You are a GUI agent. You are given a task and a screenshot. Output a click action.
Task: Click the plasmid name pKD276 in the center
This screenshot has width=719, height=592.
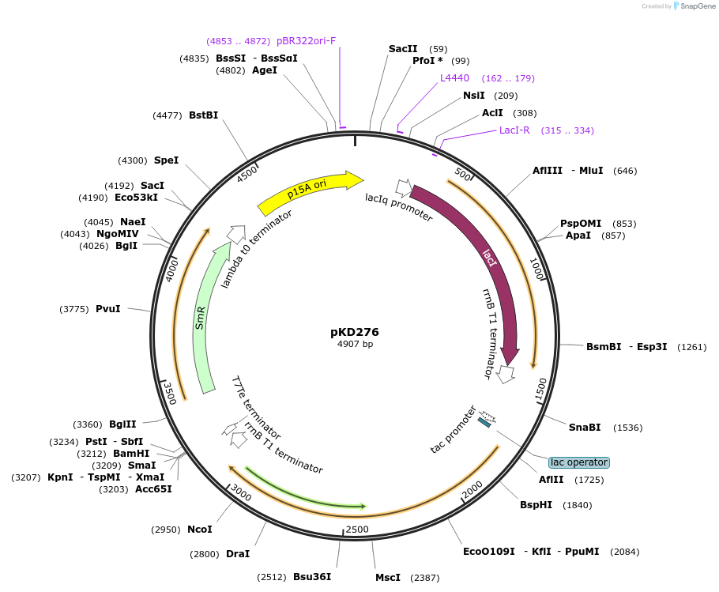point(355,332)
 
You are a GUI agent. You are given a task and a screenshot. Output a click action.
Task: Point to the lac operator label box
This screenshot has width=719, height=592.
point(579,462)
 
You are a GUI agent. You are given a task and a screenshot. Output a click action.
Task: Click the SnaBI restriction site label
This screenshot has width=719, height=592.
point(585,428)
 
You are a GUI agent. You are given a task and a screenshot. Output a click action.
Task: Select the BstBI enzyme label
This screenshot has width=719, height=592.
point(203,115)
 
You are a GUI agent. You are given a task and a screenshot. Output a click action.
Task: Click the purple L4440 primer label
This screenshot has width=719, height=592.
point(454,78)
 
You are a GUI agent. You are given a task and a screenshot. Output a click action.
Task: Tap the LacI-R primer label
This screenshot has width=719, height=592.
point(514,130)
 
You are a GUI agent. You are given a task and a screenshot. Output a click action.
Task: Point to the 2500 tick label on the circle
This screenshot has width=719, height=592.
point(357,529)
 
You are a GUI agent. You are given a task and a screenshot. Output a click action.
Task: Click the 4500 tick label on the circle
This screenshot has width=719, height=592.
point(249,172)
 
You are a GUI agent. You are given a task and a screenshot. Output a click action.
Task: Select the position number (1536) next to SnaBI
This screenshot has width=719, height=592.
point(627,428)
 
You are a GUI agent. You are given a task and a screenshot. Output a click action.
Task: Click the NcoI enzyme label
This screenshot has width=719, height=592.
point(200,530)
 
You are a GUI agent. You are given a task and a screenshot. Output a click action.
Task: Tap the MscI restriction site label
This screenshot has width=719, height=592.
point(388,578)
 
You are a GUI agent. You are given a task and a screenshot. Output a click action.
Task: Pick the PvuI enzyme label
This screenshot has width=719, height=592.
point(108,308)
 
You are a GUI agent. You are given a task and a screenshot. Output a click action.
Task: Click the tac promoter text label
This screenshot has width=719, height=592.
point(453,430)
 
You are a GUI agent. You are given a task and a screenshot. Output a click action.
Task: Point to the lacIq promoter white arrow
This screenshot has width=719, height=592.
point(404,187)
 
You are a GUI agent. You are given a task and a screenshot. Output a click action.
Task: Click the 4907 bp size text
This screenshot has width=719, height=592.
point(355,345)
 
